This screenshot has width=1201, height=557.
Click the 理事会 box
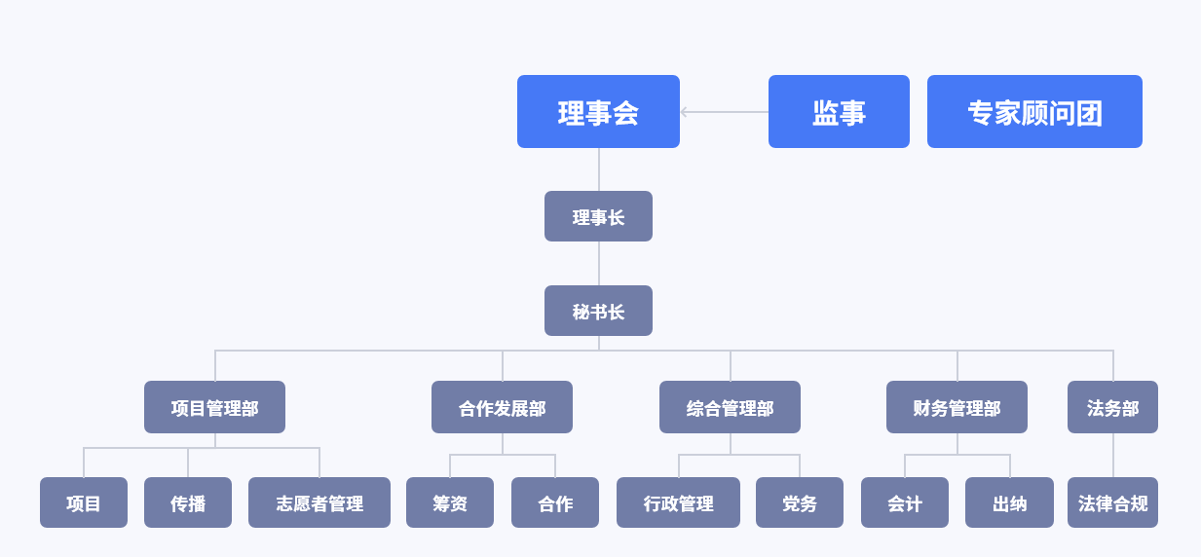coord(598,112)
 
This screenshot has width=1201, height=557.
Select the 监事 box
coord(839,112)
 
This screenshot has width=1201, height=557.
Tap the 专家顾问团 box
coord(1034,112)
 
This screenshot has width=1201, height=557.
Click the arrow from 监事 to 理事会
coord(725,112)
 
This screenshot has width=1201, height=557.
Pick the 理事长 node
coord(598,216)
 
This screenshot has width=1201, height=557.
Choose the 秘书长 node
coord(598,311)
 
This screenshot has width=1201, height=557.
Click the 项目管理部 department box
coord(214,407)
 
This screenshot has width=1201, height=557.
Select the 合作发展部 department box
coord(502,407)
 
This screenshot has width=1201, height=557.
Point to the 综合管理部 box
coord(730,407)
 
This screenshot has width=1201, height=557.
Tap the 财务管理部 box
coord(957,407)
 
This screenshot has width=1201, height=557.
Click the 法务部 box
coord(1112,407)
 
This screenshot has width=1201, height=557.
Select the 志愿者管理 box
coord(319,502)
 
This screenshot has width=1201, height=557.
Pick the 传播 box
coord(188,502)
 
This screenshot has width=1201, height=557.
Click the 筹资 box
coord(450,502)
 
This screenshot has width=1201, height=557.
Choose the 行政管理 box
coord(678,502)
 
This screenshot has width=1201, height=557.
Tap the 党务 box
coord(800,502)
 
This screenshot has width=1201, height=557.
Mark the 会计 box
coord(905,502)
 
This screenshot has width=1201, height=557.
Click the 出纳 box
coord(1009,502)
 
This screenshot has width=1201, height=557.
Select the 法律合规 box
coord(1112,502)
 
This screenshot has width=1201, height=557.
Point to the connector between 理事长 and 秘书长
coord(599,263)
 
